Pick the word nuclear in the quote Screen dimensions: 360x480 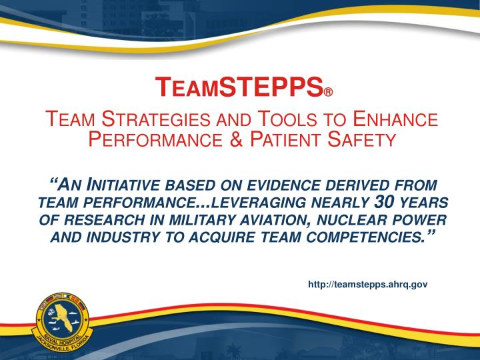[347, 221]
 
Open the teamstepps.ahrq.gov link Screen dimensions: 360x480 [367, 284]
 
